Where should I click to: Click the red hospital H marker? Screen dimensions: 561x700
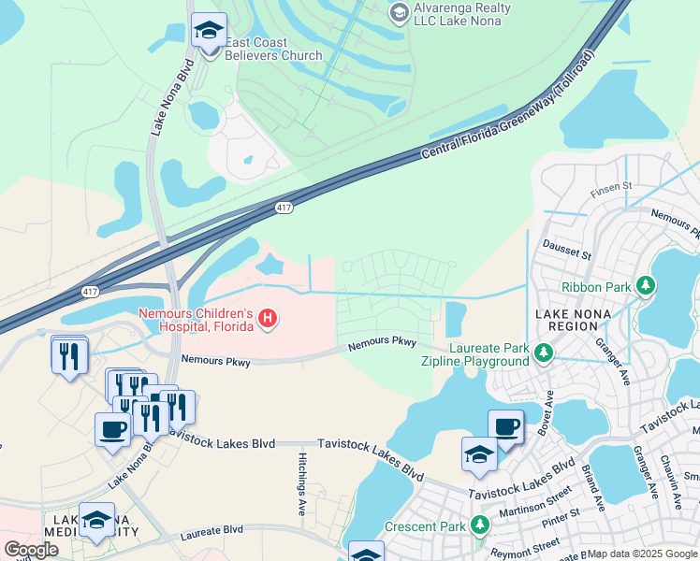(269, 320)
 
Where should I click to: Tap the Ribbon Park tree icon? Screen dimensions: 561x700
(644, 284)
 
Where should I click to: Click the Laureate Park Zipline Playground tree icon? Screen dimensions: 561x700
(542, 352)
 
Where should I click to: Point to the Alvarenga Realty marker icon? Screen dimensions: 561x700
(399, 13)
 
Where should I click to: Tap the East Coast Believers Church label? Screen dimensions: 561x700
(272, 49)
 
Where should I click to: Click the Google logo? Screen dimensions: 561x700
(31, 550)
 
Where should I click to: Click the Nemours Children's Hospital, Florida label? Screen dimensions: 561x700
(196, 320)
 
